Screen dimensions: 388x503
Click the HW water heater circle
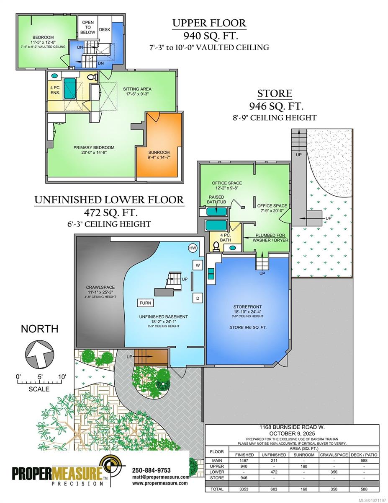click(x=193, y=249)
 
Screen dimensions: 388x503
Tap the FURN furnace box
click(x=145, y=303)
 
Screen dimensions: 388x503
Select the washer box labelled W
click(x=198, y=265)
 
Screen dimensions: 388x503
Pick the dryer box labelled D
click(x=198, y=298)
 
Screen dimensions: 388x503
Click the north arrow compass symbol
click(x=39, y=354)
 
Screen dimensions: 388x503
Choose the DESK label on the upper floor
click(x=105, y=30)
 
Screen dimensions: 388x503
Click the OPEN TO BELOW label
click(x=88, y=27)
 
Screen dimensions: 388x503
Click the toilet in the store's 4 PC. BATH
click(x=216, y=246)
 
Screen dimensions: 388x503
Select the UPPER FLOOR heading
click(x=209, y=23)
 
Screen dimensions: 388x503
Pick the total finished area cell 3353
click(x=244, y=489)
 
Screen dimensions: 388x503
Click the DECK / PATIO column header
click(x=364, y=455)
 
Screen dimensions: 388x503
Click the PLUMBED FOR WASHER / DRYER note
click(x=270, y=238)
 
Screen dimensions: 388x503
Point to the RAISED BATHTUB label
click(x=216, y=199)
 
